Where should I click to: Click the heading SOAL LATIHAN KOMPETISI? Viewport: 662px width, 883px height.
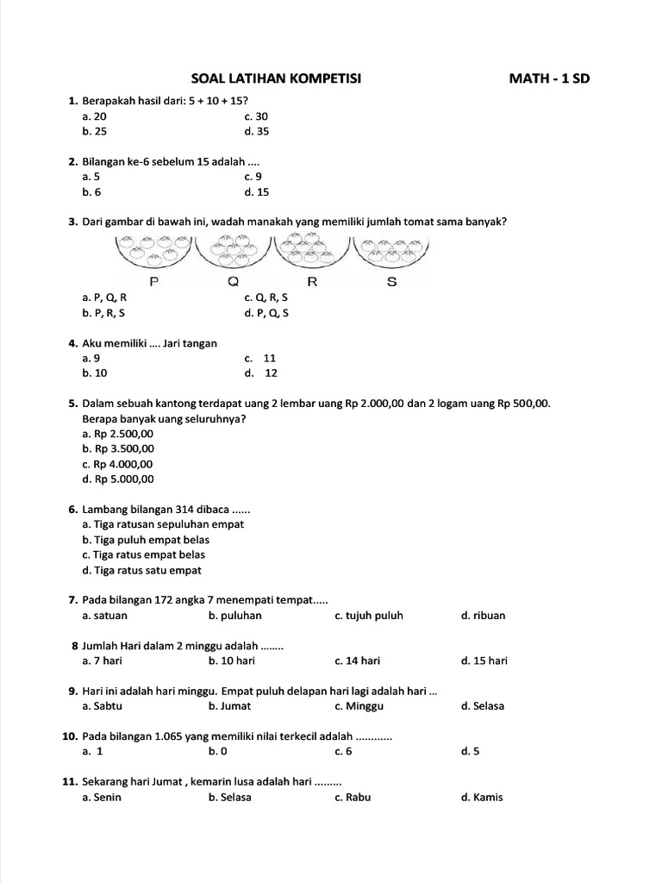pyautogui.click(x=275, y=79)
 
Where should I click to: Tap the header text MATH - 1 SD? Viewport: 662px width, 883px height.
pyautogui.click(x=550, y=79)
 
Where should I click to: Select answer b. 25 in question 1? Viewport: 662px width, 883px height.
pyautogui.click(x=95, y=132)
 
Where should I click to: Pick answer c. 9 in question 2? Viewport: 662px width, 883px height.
pyautogui.click(x=253, y=177)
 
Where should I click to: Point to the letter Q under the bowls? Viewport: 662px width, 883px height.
pyautogui.click(x=234, y=282)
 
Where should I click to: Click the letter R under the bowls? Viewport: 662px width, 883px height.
pyautogui.click(x=312, y=282)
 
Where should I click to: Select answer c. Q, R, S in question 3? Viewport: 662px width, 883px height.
pyautogui.click(x=266, y=297)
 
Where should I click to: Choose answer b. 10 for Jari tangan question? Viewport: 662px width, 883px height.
pyautogui.click(x=95, y=373)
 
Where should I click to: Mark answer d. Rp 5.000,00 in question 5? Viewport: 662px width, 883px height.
pyautogui.click(x=118, y=479)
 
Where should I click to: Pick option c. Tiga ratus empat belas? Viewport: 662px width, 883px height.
pyautogui.click(x=143, y=554)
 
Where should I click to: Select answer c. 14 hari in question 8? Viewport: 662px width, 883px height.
pyautogui.click(x=357, y=661)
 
